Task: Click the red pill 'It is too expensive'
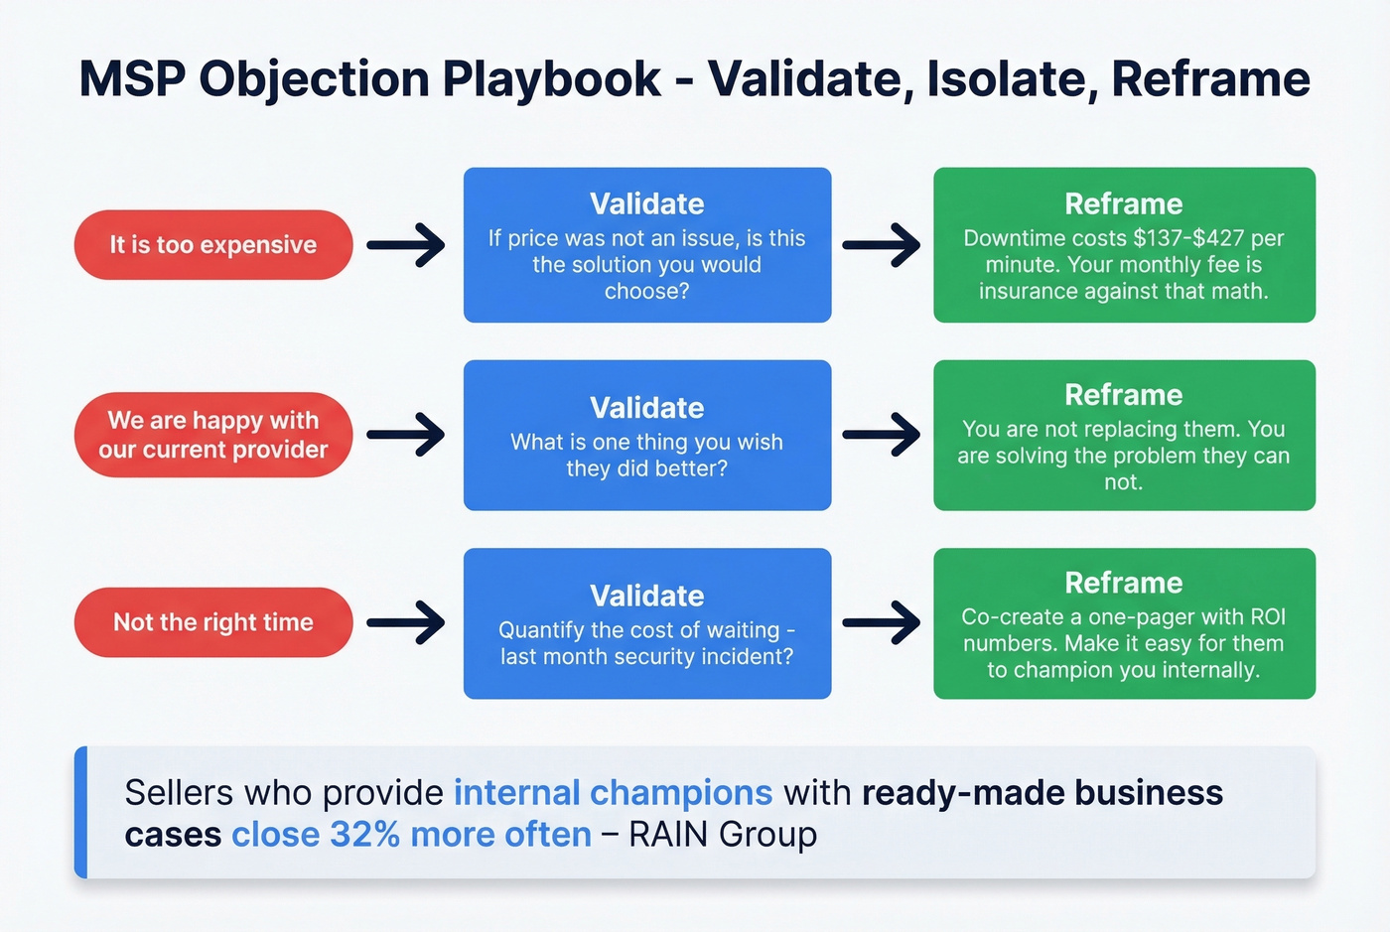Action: [213, 245]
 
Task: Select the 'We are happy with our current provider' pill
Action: [213, 435]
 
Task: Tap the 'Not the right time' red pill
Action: [213, 622]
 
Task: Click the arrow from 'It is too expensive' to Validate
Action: [407, 245]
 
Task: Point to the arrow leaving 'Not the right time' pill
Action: [407, 623]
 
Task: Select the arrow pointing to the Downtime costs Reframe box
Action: [882, 245]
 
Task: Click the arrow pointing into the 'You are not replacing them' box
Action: [882, 435]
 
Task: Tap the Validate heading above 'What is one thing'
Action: [647, 408]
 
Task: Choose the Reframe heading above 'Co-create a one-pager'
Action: [1124, 583]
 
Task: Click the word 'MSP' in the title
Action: [132, 79]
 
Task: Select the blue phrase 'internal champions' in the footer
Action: [613, 793]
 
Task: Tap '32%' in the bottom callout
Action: [364, 835]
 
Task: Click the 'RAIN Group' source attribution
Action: [723, 835]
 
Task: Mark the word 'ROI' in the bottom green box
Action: [1267, 616]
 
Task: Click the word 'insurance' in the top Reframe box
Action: [1026, 291]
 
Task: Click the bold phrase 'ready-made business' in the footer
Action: [1042, 793]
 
